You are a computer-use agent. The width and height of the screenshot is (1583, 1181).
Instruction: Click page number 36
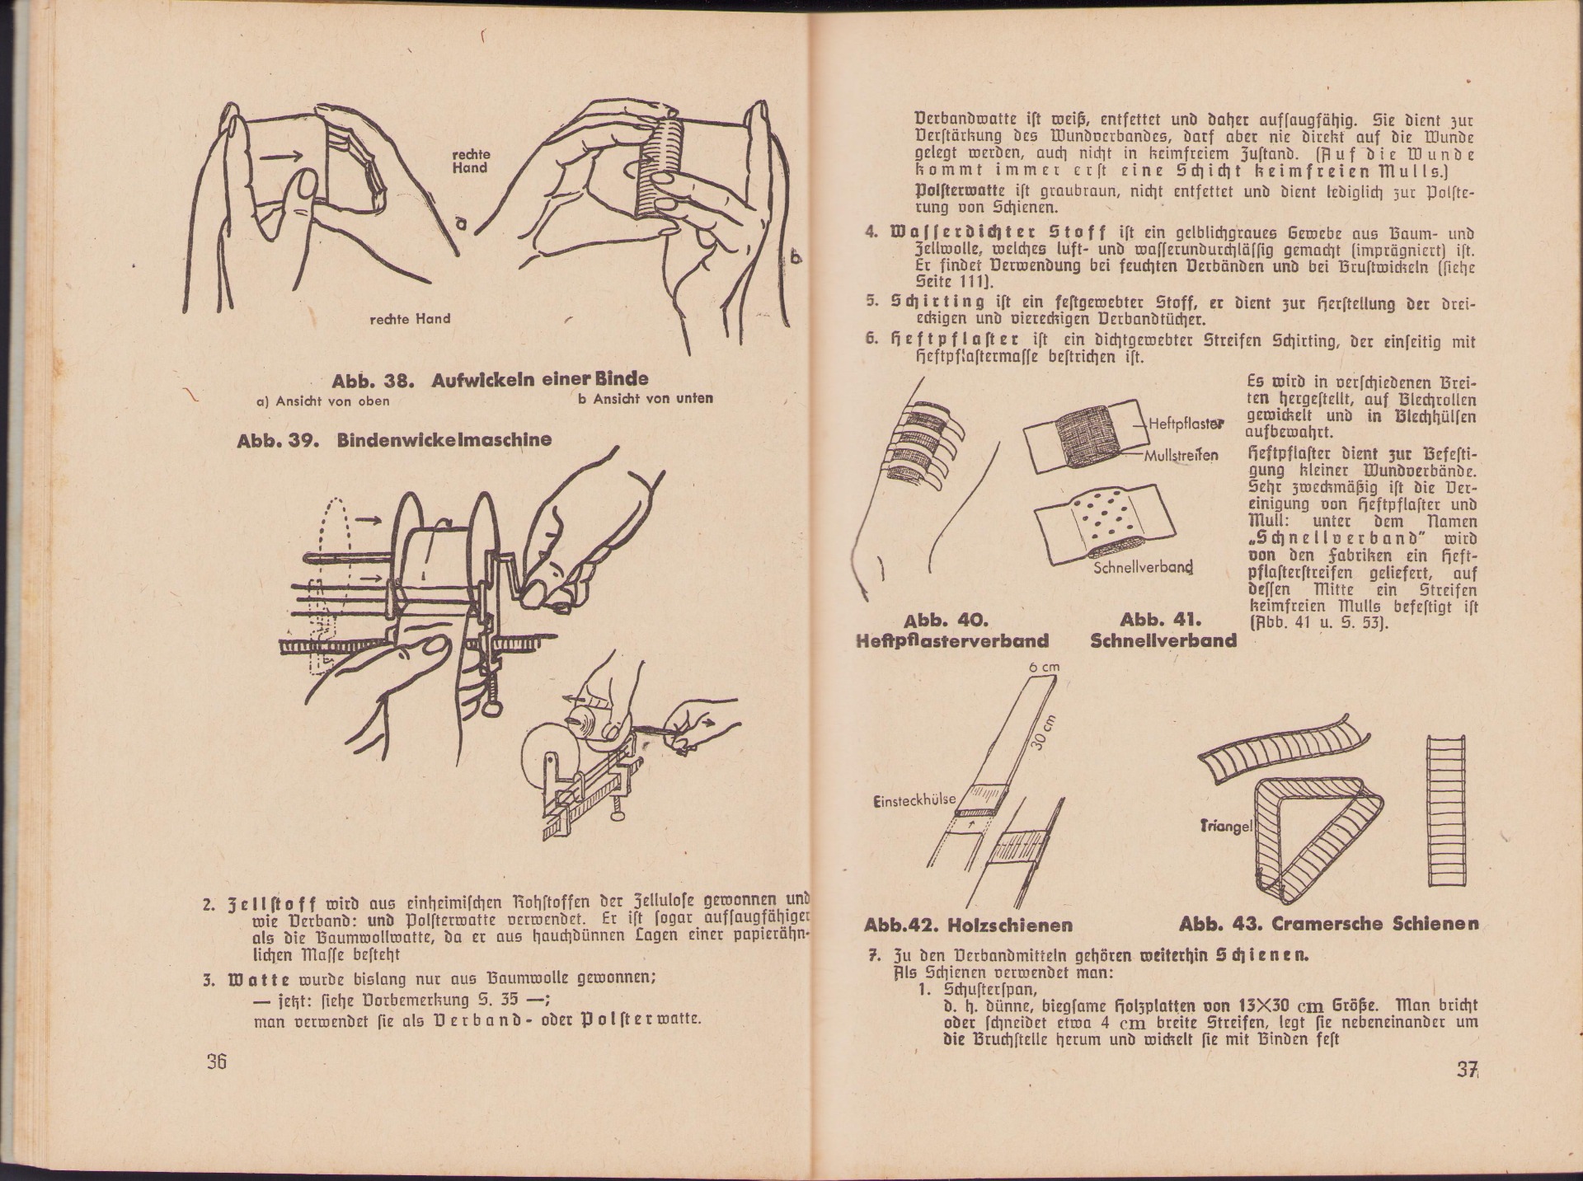(216, 1061)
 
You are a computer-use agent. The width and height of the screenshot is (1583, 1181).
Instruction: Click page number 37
(1465, 1071)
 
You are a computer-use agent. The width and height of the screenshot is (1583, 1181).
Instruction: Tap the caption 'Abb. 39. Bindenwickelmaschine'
(394, 440)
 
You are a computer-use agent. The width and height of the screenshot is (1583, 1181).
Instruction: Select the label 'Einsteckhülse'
(914, 799)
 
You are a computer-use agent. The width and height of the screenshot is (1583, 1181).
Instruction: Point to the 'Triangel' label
(1225, 826)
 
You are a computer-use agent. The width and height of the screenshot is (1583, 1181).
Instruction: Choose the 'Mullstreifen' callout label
(1181, 455)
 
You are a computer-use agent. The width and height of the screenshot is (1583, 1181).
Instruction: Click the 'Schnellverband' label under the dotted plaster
(1144, 568)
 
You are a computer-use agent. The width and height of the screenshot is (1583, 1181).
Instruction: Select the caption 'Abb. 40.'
(946, 620)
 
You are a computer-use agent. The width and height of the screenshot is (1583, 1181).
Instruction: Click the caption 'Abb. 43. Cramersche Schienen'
(1328, 924)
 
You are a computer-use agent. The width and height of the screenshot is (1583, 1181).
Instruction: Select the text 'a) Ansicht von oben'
(323, 401)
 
